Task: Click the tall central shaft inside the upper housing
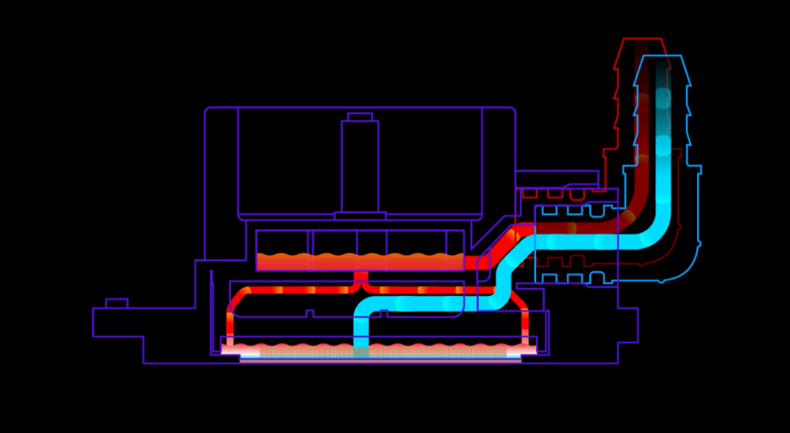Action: click(360, 166)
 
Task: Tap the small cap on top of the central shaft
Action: click(360, 117)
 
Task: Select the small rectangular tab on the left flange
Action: click(116, 303)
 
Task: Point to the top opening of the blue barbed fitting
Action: click(662, 58)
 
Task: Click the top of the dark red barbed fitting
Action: click(641, 41)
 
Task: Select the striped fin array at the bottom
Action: click(379, 351)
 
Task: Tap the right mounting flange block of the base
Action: click(626, 325)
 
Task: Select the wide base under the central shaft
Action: click(360, 216)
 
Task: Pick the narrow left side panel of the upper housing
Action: click(222, 183)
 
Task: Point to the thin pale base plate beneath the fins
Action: click(379, 361)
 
